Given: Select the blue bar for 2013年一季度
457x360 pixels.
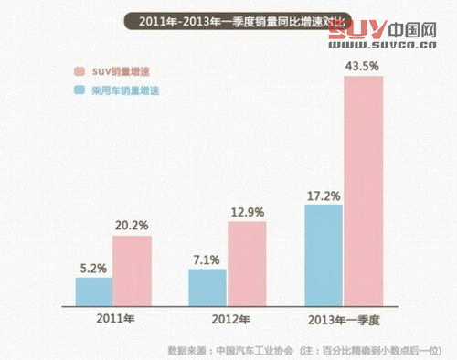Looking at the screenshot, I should pos(324,255).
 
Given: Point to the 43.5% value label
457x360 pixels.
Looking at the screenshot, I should pos(363,66).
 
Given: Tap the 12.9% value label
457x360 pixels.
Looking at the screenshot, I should pos(246,211).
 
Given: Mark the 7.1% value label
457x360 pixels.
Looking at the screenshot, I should pos(206,259).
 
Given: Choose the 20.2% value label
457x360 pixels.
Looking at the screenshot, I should pos(132,225).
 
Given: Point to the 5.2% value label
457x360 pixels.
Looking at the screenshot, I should pos(92,268).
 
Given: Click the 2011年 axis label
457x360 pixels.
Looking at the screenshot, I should pos(112,319).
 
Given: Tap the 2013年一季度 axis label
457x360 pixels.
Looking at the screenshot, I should pos(343,319).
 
